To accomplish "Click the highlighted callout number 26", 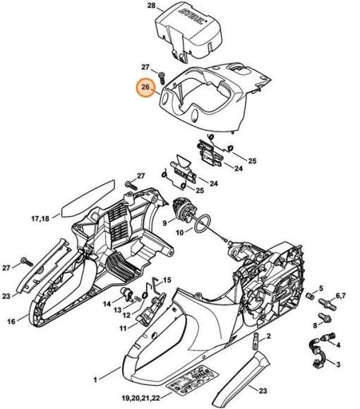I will click(145, 89).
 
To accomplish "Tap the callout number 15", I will click(167, 280).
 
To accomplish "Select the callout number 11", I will click(122, 328).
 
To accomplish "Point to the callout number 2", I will click(270, 338).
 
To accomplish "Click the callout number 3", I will click(338, 364).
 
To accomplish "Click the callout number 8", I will click(315, 325).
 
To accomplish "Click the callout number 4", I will click(338, 344).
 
